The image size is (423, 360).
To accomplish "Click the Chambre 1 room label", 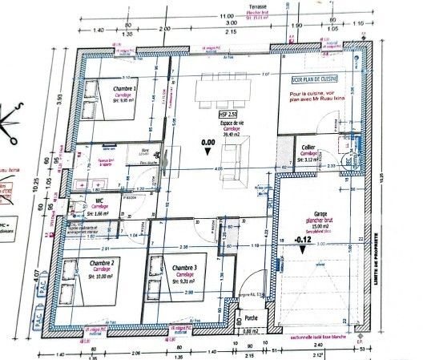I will tap(124, 88).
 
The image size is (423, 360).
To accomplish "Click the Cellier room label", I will tap(307, 148).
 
